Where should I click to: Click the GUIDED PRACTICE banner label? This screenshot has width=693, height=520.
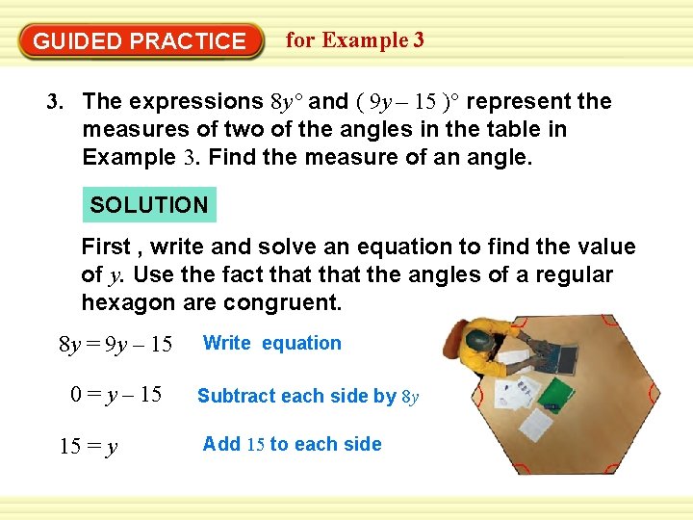tap(140, 41)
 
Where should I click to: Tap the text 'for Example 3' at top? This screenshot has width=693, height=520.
tap(354, 40)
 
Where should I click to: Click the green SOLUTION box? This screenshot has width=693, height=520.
tap(149, 205)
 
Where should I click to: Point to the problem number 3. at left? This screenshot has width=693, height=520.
tap(56, 102)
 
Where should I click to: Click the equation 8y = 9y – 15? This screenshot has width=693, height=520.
tap(115, 344)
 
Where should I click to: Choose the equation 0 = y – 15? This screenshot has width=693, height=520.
tap(115, 395)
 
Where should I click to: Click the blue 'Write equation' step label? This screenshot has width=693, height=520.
tap(271, 344)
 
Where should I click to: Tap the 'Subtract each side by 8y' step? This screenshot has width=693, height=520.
tap(308, 396)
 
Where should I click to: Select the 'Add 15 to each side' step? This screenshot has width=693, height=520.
tap(292, 444)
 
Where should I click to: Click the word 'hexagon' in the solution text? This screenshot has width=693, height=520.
tap(127, 302)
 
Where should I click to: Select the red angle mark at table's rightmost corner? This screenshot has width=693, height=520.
tap(654, 394)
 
